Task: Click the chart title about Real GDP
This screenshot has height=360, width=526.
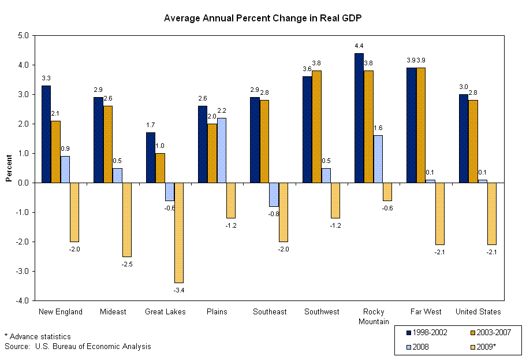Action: (x=263, y=18)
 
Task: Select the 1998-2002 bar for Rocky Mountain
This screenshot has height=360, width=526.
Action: (x=359, y=118)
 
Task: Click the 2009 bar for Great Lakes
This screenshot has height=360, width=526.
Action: (x=179, y=232)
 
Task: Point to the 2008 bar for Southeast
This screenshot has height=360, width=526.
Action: (x=274, y=194)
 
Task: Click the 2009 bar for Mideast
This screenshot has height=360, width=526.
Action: (x=127, y=220)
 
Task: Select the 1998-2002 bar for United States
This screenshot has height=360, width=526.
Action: (x=463, y=139)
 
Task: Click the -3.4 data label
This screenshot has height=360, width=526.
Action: (x=179, y=289)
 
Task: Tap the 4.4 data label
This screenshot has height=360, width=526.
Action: (x=359, y=46)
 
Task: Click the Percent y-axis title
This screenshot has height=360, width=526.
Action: (x=9, y=168)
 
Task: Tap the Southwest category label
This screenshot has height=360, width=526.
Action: (x=322, y=311)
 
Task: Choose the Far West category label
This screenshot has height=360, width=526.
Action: (x=426, y=311)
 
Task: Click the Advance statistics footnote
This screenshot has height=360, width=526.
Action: (x=38, y=336)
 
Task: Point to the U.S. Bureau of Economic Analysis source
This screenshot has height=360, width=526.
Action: (x=78, y=346)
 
